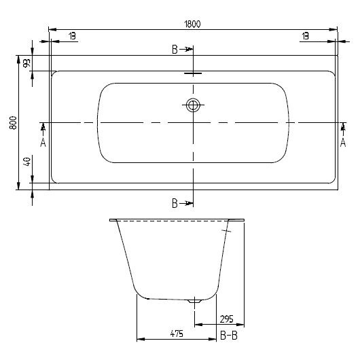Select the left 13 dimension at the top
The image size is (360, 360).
pyautogui.click(x=71, y=36)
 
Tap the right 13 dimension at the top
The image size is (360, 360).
pyautogui.click(x=306, y=36)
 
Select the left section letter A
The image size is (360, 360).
pyautogui.click(x=43, y=142)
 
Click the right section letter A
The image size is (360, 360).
pyautogui.click(x=343, y=142)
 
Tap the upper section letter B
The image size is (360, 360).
pyautogui.click(x=175, y=50)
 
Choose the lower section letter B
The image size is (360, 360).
pyautogui.click(x=175, y=203)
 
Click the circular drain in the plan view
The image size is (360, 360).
pyautogui.click(x=194, y=105)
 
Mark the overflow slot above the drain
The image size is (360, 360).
pyautogui.click(x=193, y=75)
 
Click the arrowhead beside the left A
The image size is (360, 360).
pyautogui.click(x=43, y=126)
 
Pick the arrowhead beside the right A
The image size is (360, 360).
pyautogui.click(x=343, y=126)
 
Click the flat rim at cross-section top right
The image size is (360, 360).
pyautogui.click(x=238, y=220)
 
